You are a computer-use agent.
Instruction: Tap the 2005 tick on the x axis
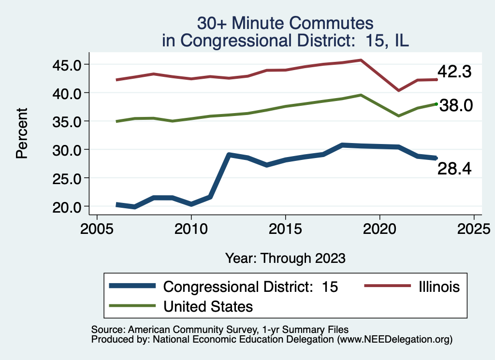pos(97,227)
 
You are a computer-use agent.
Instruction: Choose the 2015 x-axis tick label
pos(285,227)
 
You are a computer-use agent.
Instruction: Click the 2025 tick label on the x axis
pos(474,227)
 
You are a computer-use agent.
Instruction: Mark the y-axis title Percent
pos(21,133)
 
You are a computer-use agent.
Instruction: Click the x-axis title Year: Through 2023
pos(285,258)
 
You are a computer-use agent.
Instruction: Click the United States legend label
pos(208,306)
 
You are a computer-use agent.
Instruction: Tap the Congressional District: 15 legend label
pos(251,287)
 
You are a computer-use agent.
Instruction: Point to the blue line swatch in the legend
pos(132,286)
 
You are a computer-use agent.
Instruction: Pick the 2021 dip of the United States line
pos(399,116)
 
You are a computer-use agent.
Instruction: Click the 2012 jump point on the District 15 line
pos(229,155)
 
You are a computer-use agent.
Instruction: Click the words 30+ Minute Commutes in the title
pos(285,23)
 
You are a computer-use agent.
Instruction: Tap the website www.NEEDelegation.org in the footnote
pos(395,340)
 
